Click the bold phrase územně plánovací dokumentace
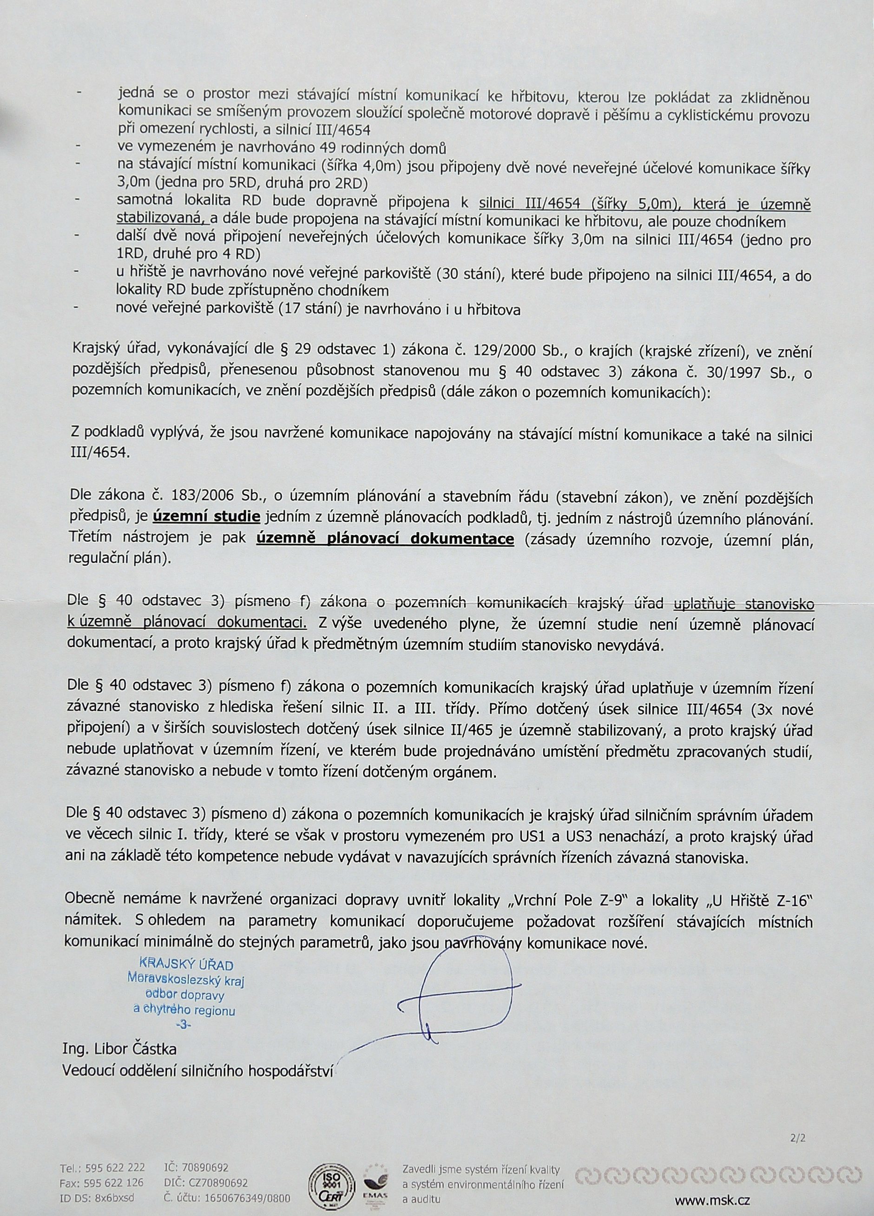pos(386,539)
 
